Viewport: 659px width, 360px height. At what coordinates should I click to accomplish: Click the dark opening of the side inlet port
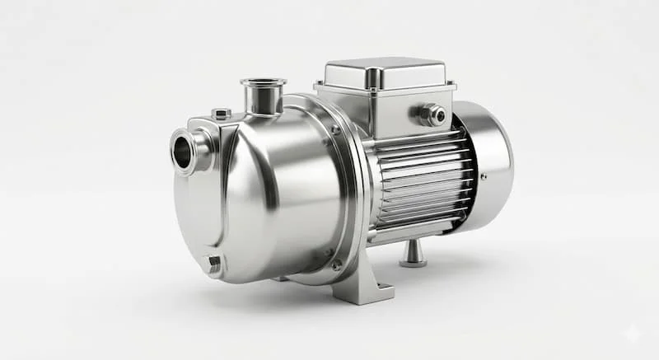(x=182, y=151)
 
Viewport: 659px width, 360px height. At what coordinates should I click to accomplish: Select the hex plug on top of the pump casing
(x=221, y=114)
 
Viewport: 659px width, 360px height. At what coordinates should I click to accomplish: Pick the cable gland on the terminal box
(x=433, y=115)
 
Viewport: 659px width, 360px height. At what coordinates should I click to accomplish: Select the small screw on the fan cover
(x=484, y=176)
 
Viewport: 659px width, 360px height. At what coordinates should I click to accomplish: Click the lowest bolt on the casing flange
(x=336, y=264)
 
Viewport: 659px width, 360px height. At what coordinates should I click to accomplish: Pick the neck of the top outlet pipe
(x=264, y=102)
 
